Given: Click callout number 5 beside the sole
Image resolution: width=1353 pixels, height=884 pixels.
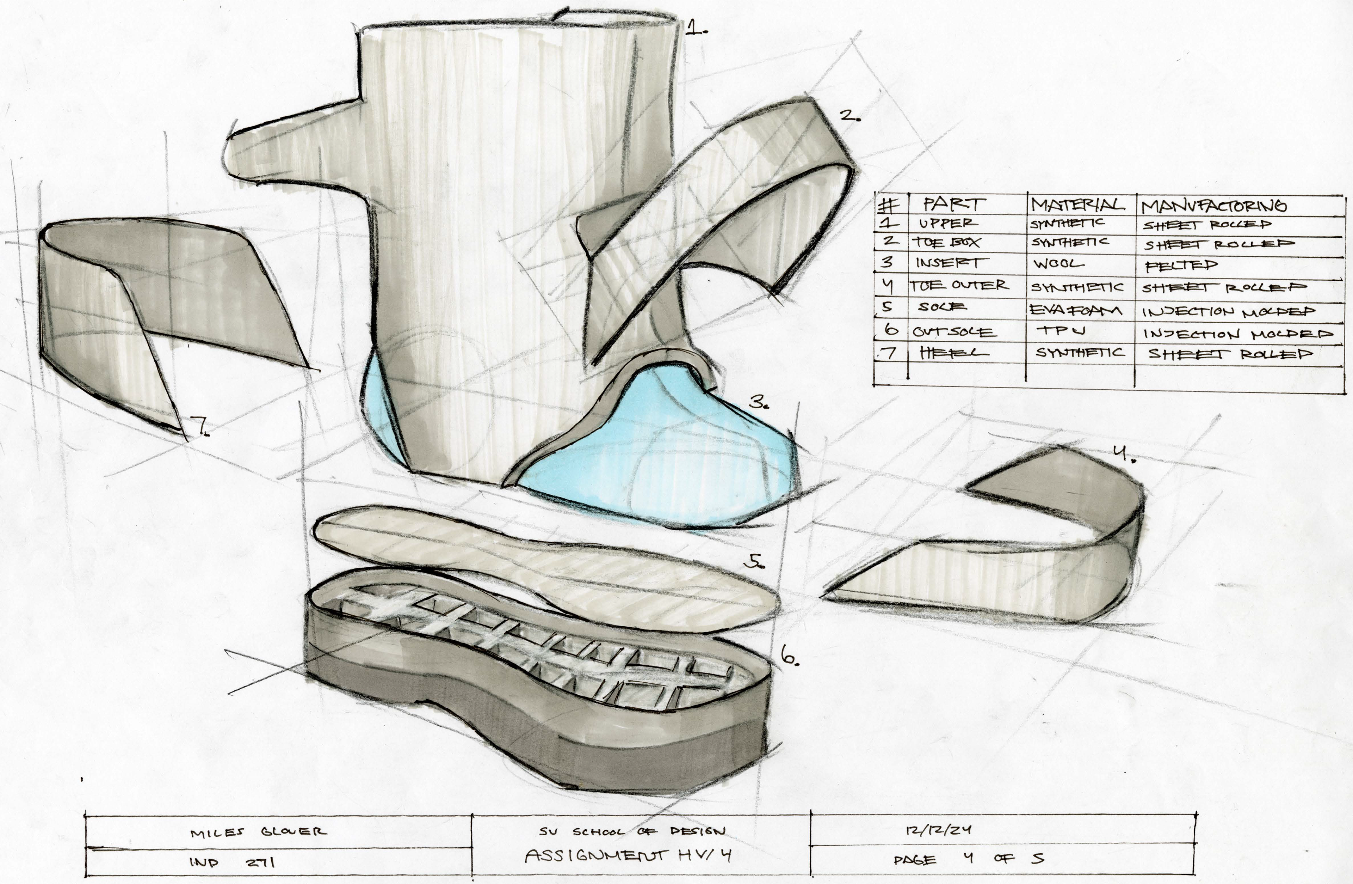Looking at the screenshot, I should (755, 562).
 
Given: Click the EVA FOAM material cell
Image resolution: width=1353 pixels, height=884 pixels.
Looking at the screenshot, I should (1075, 310).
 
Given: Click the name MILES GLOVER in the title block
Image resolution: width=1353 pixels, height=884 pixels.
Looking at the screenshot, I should (259, 832).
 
